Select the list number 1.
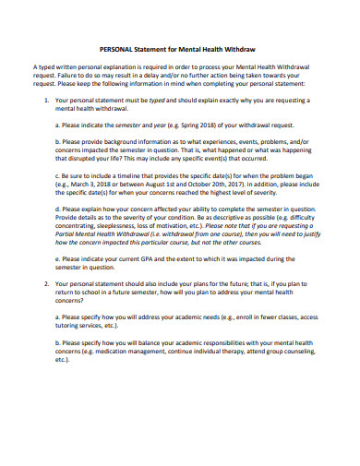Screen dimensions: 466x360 (x=47, y=98)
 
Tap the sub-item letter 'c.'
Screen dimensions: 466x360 (x=58, y=175)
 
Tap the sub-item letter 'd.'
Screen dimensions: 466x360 (x=58, y=209)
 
